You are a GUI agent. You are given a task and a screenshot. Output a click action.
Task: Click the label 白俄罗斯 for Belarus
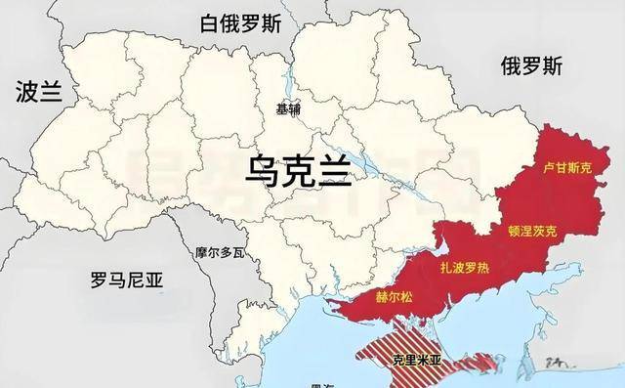click(239, 24)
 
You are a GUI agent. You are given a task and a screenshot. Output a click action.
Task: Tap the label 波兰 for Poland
click(40, 93)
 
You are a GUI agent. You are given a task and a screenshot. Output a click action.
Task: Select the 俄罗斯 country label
click(531, 67)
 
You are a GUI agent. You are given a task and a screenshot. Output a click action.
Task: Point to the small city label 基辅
click(288, 109)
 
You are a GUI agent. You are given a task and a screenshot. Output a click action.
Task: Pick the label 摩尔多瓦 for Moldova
click(219, 252)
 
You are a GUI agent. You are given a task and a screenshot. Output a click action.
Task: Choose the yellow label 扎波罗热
click(465, 266)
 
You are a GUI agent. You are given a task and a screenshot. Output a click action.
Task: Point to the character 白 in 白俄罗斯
click(208, 24)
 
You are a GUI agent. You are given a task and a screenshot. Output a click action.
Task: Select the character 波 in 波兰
click(27, 93)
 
